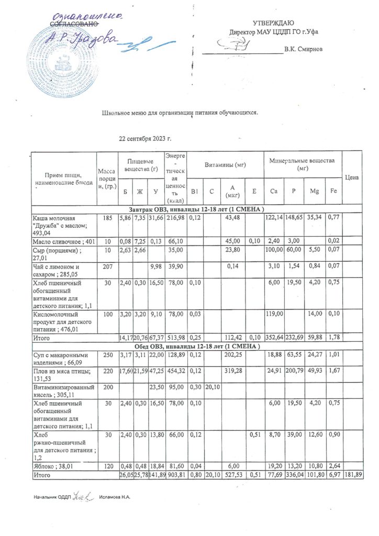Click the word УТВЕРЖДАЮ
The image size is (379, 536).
[273, 24]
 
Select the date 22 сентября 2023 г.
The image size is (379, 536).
[146, 139]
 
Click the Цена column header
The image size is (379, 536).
[352, 177]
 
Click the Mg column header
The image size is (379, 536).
[314, 192]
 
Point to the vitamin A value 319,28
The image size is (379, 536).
[230, 372]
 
